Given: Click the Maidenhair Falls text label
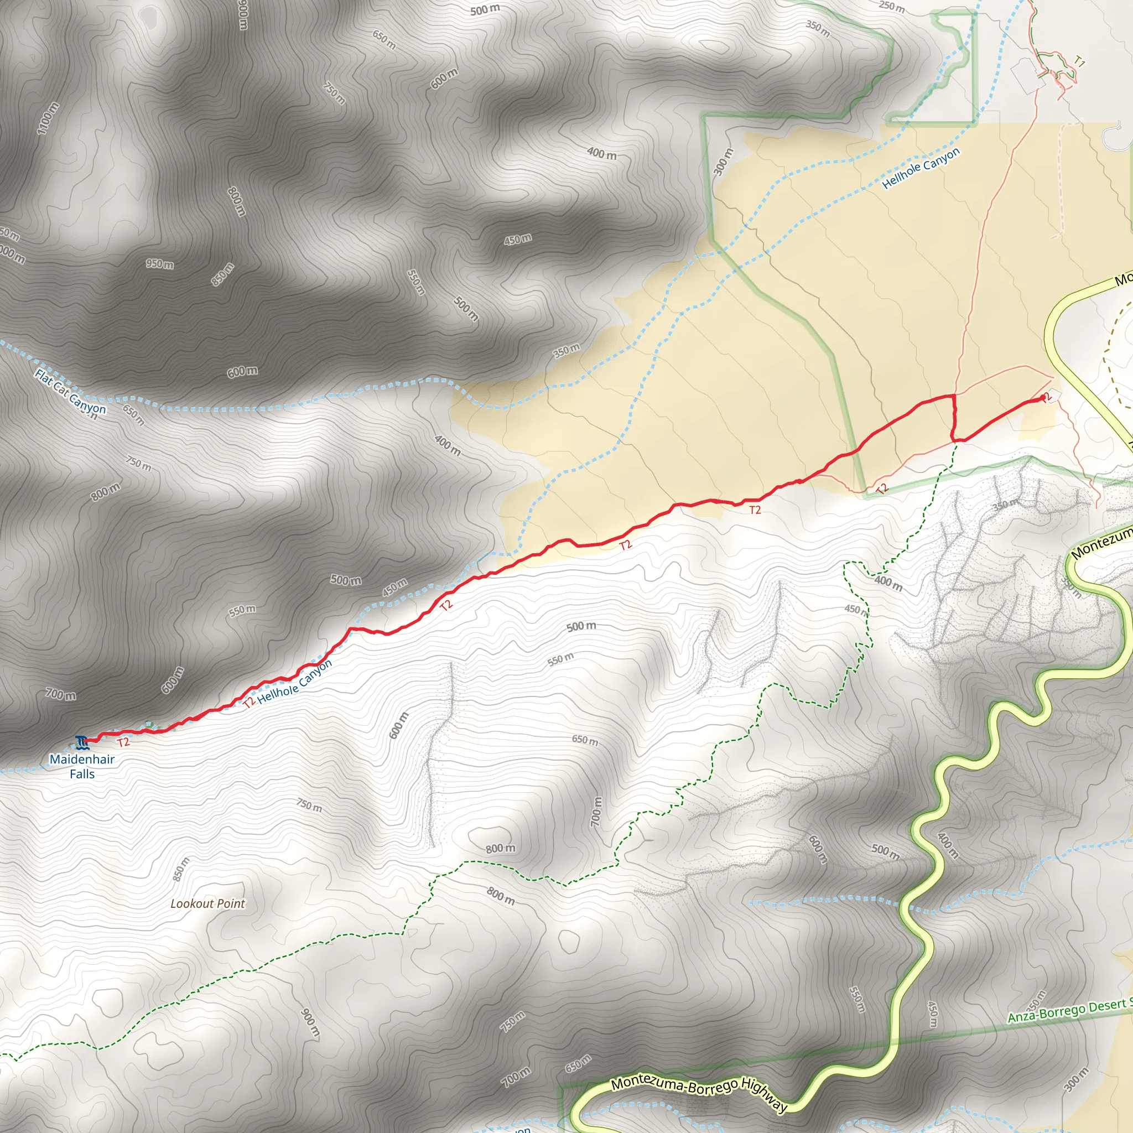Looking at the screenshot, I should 82,766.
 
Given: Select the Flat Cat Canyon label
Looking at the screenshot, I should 70,392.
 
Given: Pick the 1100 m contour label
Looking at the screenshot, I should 48,118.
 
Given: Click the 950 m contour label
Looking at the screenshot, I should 160,264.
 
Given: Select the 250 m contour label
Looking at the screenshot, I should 891,7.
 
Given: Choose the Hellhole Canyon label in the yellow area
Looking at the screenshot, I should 921,168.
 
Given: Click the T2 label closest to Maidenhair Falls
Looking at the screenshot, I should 123,742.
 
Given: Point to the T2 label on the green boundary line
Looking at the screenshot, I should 882,488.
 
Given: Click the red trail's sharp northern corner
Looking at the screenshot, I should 953,396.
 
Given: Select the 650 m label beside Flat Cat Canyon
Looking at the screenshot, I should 134,414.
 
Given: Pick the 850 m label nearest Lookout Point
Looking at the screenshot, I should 181,869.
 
